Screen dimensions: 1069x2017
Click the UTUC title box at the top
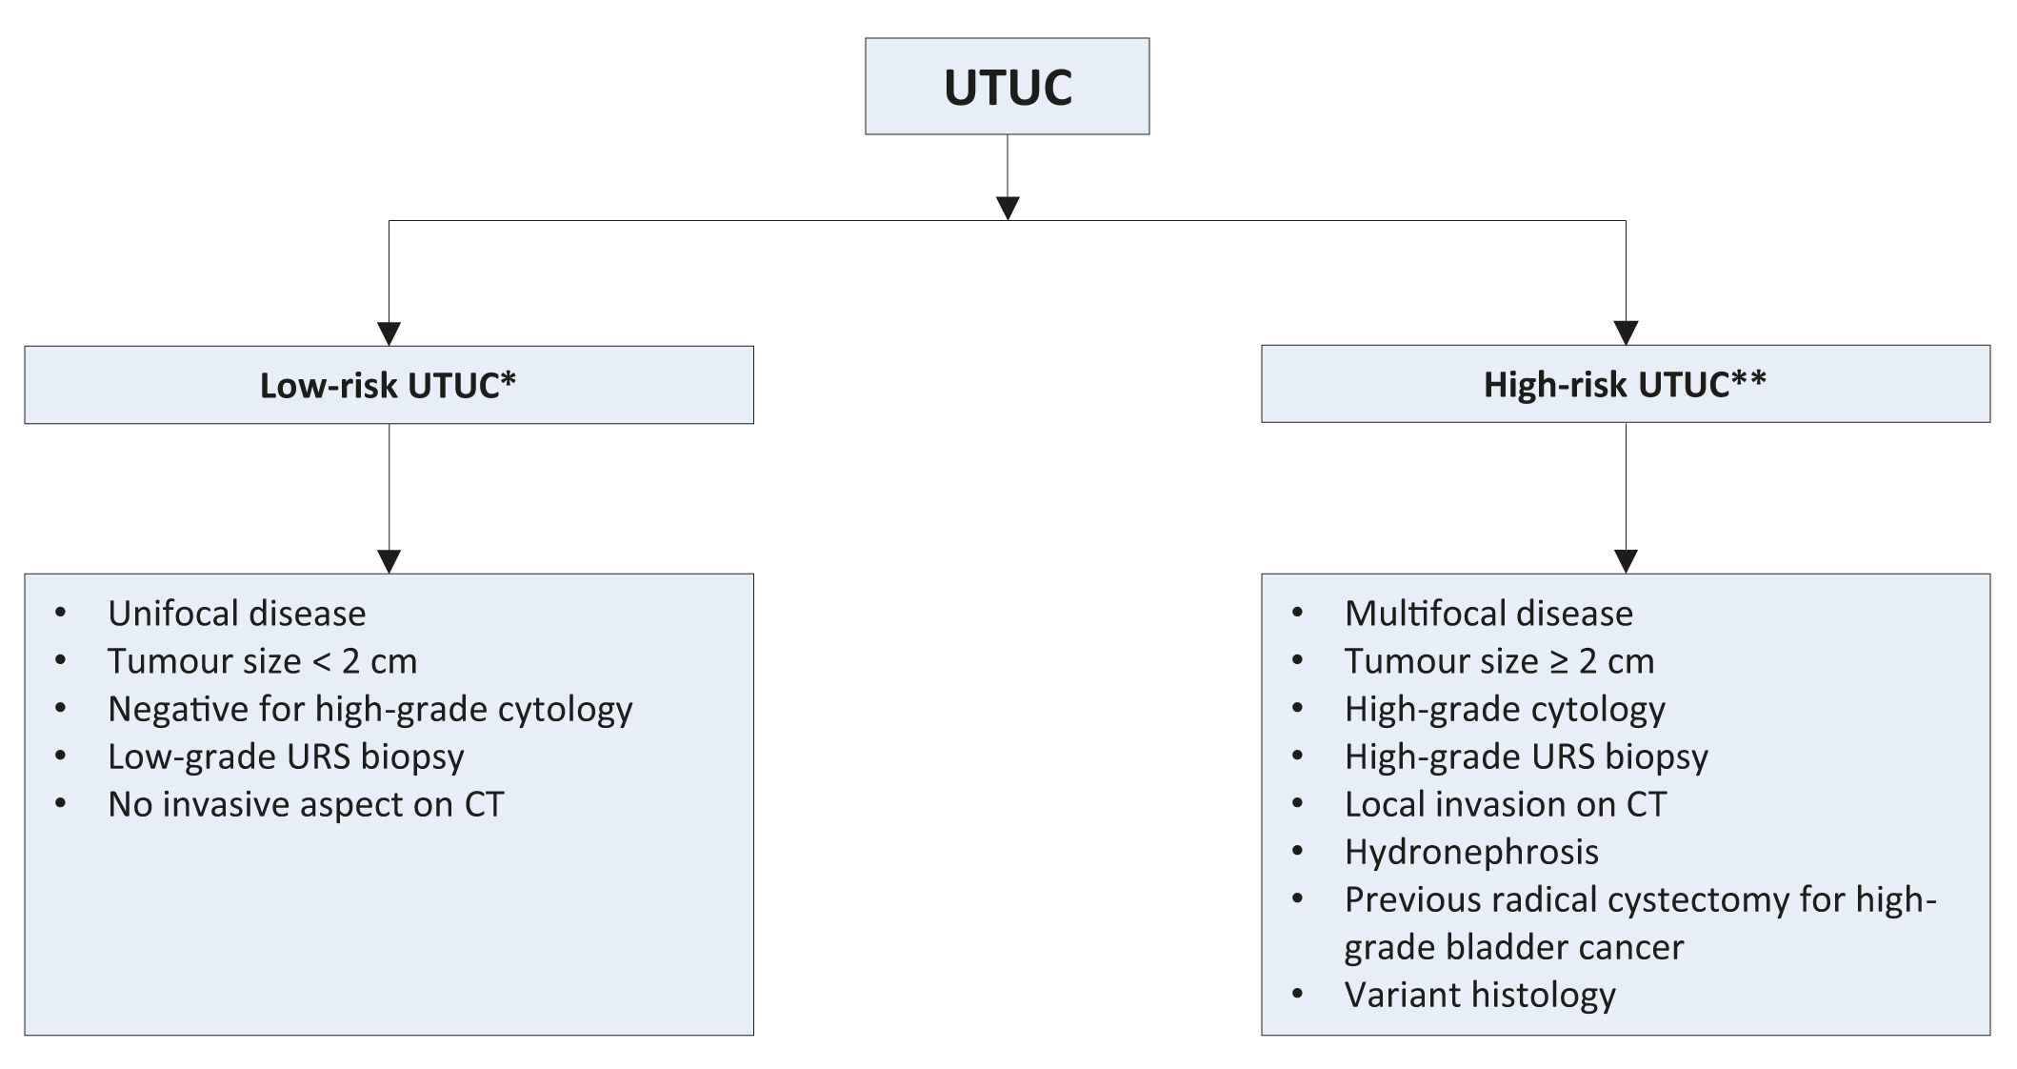point(1007,86)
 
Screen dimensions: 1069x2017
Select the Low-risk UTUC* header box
point(389,385)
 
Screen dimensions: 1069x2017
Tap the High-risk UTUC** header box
point(1625,384)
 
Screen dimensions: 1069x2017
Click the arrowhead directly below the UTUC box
point(1008,208)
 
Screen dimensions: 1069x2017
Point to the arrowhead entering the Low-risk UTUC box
point(389,333)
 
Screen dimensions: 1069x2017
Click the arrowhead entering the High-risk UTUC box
point(1626,333)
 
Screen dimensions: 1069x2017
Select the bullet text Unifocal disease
point(236,614)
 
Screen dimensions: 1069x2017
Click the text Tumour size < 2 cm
point(262,661)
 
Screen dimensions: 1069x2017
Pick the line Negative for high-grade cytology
point(369,710)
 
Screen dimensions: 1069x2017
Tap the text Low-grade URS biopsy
point(286,757)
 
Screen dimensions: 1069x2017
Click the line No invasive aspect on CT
point(306,805)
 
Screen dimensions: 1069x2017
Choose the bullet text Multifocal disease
point(1488,614)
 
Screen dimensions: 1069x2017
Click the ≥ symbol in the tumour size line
point(1558,662)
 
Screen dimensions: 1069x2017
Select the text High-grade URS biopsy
point(1526,757)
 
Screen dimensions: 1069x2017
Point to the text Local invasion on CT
point(1505,805)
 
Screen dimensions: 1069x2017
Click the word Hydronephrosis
point(1471,853)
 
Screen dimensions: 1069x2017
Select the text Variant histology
point(1480,996)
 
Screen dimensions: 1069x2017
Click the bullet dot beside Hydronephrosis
point(1297,851)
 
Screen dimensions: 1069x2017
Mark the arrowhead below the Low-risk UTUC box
point(389,560)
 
